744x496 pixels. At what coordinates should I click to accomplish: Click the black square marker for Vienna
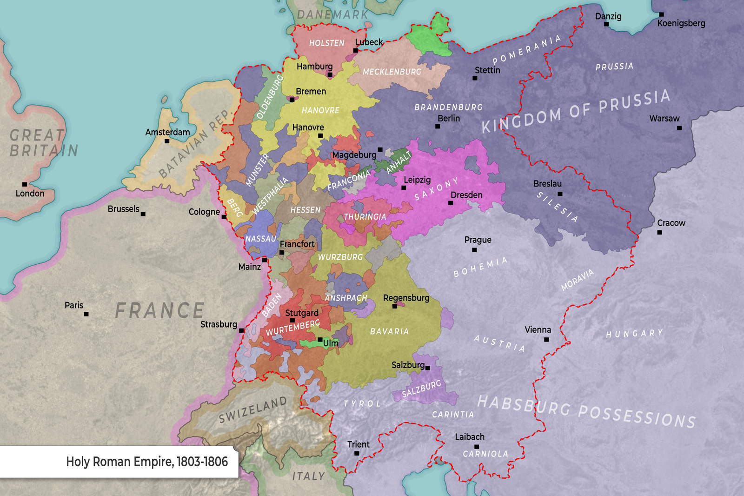pos(546,340)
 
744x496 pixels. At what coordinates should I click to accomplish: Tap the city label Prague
pos(478,240)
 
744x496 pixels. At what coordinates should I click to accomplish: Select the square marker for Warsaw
pos(679,128)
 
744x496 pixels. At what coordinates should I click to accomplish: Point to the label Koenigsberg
pos(681,23)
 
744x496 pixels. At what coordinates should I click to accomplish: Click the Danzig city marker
pos(606,24)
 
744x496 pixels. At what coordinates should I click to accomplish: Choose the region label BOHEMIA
pos(480,267)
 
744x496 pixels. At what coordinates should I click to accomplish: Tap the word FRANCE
pos(159,311)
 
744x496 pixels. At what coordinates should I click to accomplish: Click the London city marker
pos(25,184)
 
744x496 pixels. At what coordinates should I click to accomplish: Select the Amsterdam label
pos(167,132)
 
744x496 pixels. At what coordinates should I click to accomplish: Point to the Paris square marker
pos(86,314)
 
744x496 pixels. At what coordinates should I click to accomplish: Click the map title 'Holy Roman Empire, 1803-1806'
pos(147,462)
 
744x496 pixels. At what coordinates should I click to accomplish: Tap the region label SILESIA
pos(557,207)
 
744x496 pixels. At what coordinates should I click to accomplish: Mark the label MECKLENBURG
pos(392,72)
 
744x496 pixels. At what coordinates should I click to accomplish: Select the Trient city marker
pos(357,453)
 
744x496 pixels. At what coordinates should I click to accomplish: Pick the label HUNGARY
pos(634,334)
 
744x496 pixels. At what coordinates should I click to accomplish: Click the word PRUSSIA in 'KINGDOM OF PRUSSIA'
pos(634,102)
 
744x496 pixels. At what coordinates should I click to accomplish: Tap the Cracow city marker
pos(659,232)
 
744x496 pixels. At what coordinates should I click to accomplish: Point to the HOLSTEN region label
pos(326,43)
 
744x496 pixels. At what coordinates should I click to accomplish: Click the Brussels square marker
pos(143,214)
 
